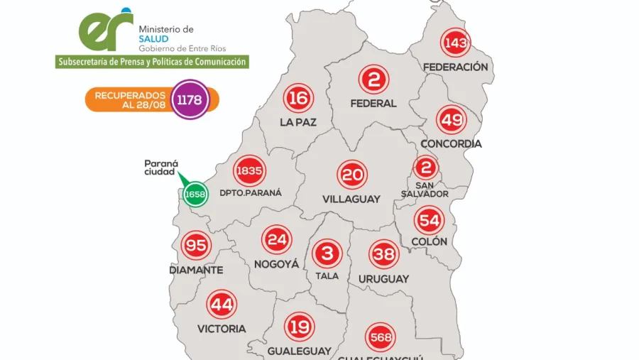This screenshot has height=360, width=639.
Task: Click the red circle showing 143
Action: [x=455, y=43]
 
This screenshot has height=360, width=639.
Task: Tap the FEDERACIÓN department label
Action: [x=455, y=67]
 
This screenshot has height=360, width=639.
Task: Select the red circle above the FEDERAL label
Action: [x=373, y=80]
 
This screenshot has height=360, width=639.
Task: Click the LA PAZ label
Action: [x=298, y=122]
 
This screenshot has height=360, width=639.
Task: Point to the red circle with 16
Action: [x=298, y=98]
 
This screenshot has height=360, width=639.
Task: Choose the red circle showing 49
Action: [x=451, y=120]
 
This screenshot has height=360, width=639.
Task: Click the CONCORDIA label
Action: [x=451, y=143]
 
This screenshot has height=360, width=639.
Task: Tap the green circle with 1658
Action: [x=195, y=193]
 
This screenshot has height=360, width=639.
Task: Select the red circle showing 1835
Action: [x=249, y=170]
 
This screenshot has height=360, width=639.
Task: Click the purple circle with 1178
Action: [x=189, y=99]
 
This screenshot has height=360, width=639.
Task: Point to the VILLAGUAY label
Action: [x=351, y=199]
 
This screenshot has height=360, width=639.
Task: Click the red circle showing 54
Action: [x=430, y=219]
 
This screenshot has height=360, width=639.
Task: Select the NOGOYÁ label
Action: [x=276, y=264]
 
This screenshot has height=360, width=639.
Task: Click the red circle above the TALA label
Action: [x=327, y=253]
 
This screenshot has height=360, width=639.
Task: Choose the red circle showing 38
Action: [x=383, y=253]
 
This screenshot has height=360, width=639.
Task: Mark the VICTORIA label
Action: [x=222, y=329]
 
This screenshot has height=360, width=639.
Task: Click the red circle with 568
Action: [x=381, y=337]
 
